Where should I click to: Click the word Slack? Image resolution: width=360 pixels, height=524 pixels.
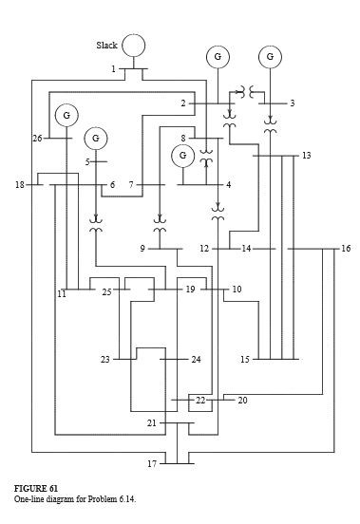click(x=106, y=45)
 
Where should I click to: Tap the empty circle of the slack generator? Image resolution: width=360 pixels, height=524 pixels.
click(x=134, y=45)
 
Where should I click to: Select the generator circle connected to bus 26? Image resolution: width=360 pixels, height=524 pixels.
click(x=66, y=115)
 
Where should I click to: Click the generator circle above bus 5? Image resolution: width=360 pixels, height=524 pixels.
click(x=95, y=139)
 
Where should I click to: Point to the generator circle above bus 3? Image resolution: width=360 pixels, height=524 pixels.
click(x=271, y=57)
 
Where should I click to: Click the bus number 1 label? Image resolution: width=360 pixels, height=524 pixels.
click(x=113, y=69)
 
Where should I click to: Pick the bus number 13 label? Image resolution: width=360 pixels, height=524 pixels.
click(x=306, y=155)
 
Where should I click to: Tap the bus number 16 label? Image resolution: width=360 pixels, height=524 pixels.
click(x=346, y=249)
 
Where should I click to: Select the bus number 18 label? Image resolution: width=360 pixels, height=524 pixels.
click(x=20, y=184)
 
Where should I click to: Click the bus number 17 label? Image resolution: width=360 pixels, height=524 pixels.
click(x=151, y=463)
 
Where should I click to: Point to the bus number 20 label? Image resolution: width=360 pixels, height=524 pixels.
click(x=242, y=401)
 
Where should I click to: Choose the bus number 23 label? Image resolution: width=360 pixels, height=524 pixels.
click(x=105, y=360)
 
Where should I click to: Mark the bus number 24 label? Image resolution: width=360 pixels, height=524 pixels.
click(x=196, y=360)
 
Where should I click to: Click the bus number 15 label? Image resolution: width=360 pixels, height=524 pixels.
click(x=245, y=360)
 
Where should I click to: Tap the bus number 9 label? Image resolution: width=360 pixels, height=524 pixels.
click(x=142, y=249)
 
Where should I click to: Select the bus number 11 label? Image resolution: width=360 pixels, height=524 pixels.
click(x=61, y=295)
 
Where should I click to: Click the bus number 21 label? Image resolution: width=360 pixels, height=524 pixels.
click(x=151, y=422)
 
